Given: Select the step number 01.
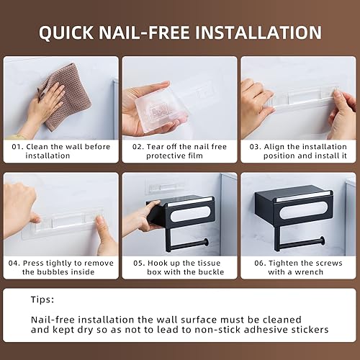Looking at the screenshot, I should point(16,146).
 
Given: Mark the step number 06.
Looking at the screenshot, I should point(253,262).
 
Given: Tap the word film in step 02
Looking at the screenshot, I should point(190,156).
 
